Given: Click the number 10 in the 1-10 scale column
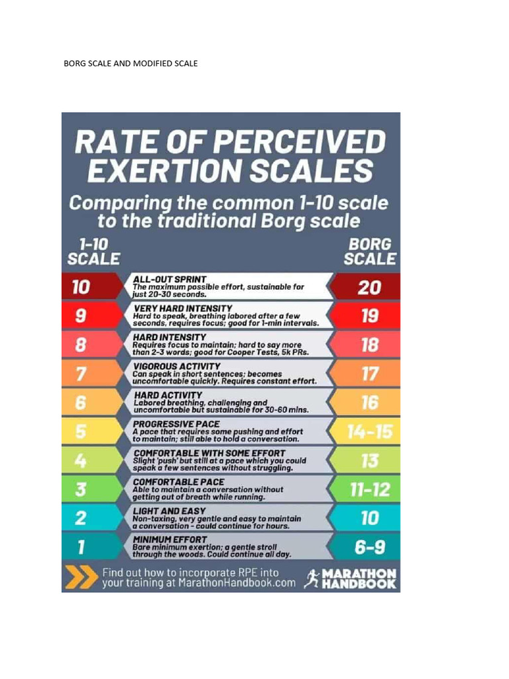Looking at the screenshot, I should (81, 287).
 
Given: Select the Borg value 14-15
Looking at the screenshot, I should (369, 432).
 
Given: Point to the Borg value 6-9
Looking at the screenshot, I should (369, 548).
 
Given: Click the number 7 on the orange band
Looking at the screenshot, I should (80, 374).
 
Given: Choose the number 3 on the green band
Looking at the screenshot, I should (80, 490).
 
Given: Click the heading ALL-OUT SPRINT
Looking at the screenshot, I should (170, 279).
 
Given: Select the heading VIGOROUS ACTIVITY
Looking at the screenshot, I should (176, 366).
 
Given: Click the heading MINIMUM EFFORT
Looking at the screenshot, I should (170, 540).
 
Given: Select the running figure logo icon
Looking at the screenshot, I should (310, 578).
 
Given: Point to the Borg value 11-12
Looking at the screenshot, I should (369, 490).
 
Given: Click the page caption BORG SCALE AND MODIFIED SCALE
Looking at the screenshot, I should (131, 64).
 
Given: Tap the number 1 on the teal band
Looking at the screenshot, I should (80, 548).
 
